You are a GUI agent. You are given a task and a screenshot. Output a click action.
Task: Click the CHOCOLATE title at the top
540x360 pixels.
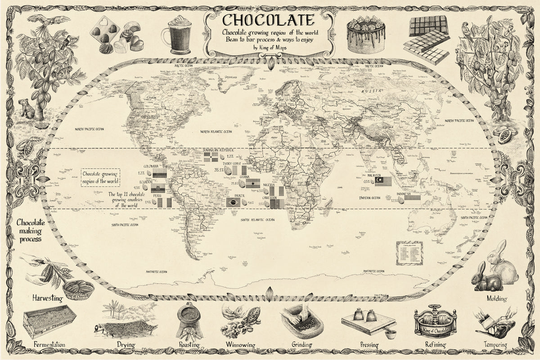[268, 20]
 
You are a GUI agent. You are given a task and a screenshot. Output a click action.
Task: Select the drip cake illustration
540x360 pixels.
[366, 34]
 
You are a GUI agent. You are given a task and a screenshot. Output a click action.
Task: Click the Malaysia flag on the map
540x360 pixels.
[383, 181]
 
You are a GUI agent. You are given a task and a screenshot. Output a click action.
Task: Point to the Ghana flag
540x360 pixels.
[252, 183]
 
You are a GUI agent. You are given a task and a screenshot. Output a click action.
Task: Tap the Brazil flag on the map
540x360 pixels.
[233, 202]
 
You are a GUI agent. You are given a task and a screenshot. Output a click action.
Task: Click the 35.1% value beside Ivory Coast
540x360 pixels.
[219, 170]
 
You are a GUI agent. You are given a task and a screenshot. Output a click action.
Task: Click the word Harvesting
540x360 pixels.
[47, 298]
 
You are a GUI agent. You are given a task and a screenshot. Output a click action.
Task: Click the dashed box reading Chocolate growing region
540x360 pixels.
[100, 177]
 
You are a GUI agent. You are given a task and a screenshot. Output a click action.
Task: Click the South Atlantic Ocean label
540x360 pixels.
[257, 220]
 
